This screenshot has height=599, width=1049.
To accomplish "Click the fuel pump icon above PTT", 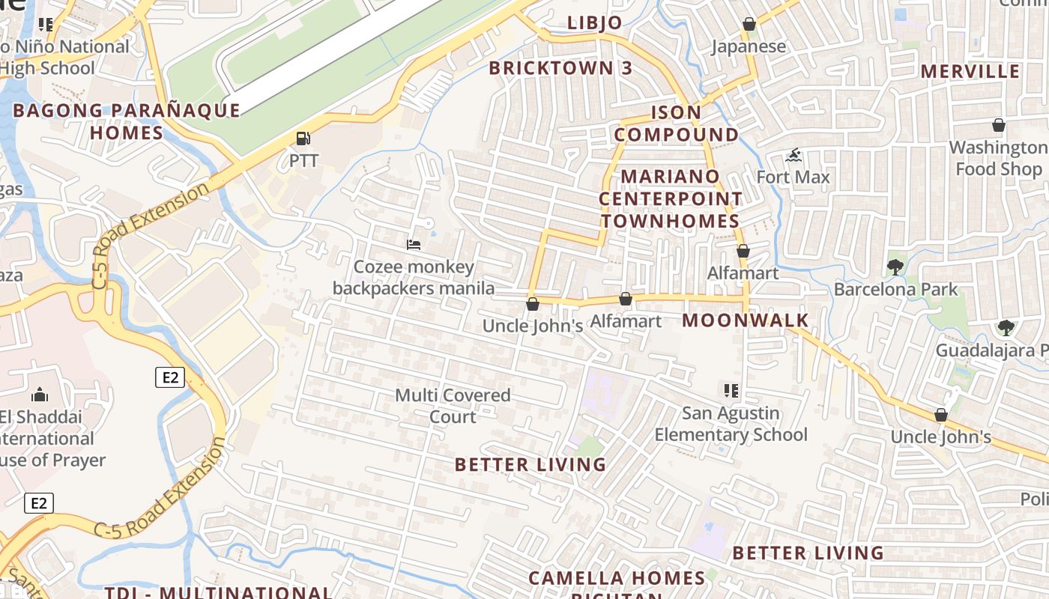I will coord(303,139).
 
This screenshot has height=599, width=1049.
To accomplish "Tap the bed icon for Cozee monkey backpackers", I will coord(413,244).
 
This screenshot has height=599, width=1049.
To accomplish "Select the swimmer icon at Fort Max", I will coord(793,156).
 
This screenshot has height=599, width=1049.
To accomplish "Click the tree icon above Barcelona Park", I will coord(895,267).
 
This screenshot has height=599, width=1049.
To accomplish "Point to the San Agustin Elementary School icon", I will coord(731,390).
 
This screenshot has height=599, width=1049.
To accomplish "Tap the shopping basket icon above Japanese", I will coord(749,25).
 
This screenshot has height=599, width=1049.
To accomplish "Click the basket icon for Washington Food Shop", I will coord(998,125).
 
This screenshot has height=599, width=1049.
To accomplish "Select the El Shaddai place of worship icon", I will coord(39,395).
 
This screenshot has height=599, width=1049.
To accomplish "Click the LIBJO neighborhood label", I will coord(595,22).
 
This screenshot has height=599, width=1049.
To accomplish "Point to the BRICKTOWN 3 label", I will coord(560,68).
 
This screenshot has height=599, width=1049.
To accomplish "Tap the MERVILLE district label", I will coord(970,71).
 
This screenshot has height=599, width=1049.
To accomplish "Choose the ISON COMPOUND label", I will coord(677,124).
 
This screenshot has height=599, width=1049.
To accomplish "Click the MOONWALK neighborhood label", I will coord(745,320).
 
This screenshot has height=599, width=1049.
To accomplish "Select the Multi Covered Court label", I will coord(453,405).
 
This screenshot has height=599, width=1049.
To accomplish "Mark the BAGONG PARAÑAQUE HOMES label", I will coord(127,121).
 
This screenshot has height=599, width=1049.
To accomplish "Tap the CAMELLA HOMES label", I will coord(617,578).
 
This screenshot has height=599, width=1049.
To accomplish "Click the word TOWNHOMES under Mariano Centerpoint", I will coord(670,221).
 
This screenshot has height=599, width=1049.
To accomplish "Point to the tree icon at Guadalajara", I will coord(1006,327).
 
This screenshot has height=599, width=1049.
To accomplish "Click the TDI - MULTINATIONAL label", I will coord(218,592).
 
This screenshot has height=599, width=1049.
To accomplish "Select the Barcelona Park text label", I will coord(895,289).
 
